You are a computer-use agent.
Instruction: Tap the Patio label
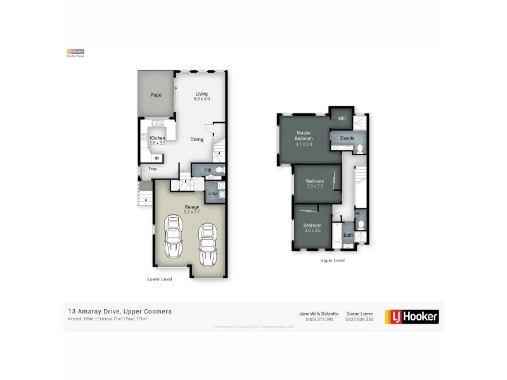(155, 95)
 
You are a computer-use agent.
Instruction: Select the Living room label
(202, 96)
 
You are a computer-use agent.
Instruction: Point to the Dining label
(196, 139)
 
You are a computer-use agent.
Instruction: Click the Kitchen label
(157, 140)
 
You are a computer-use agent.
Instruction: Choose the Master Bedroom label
(304, 137)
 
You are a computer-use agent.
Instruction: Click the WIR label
(342, 118)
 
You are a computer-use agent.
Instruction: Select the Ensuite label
(347, 137)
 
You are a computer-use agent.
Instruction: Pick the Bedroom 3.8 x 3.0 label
(315, 183)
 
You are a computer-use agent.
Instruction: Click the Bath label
(348, 236)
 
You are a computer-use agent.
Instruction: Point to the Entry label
(153, 168)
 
